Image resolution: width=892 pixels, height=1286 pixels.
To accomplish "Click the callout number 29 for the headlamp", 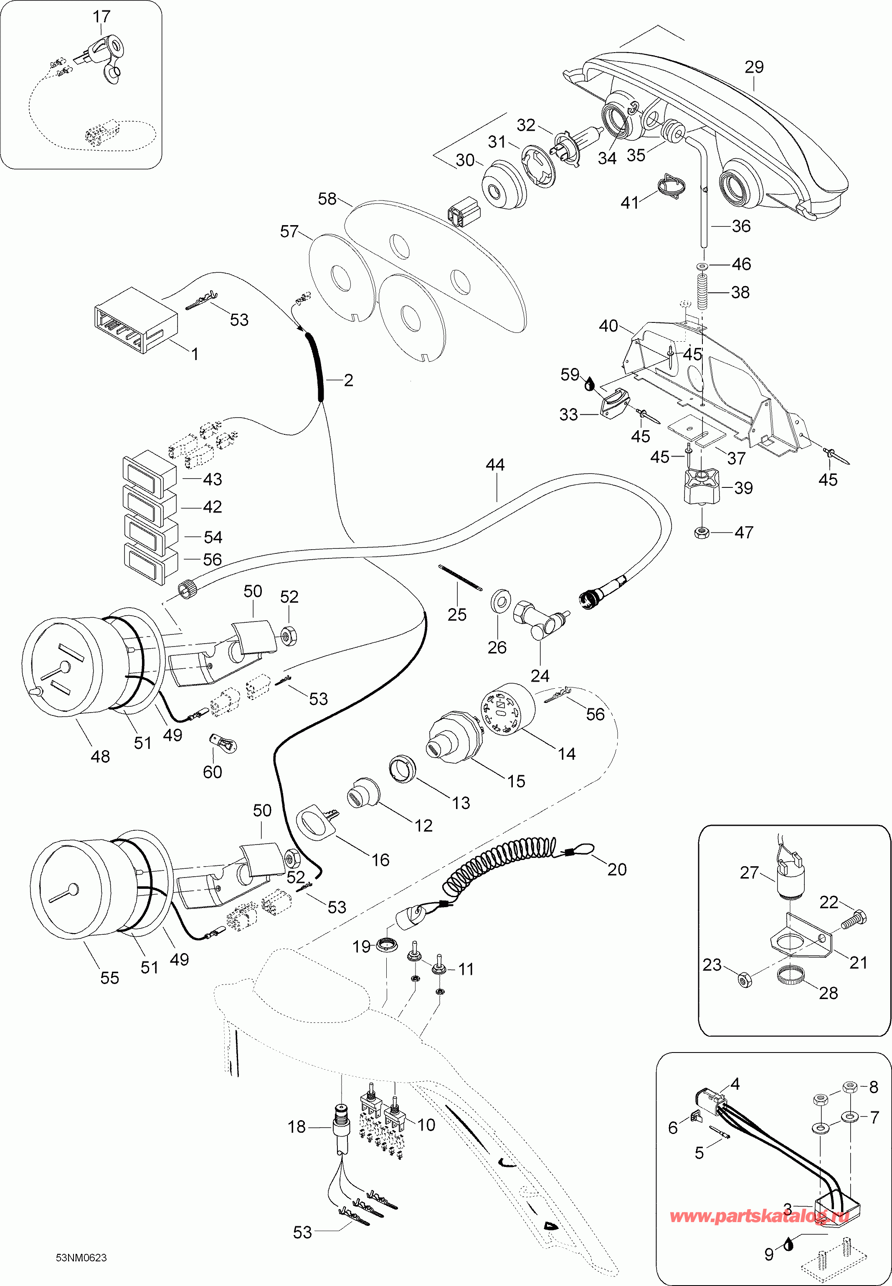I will [x=754, y=67].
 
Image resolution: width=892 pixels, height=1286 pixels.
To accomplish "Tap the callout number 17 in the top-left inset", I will [x=101, y=17].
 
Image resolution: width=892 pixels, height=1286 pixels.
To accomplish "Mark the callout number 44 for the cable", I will [x=495, y=465].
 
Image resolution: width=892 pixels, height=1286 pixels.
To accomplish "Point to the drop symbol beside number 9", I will [x=788, y=1243].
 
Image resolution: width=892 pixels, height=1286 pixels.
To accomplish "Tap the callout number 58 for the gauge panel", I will [x=327, y=199].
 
